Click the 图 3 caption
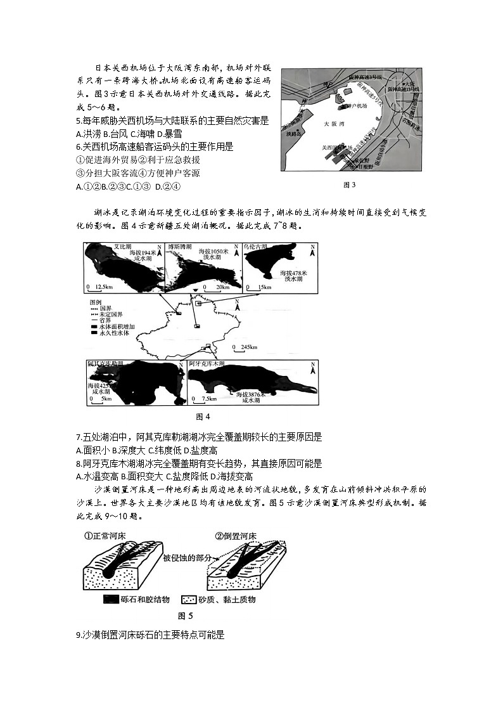(349, 185)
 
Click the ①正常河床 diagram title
(105, 536)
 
